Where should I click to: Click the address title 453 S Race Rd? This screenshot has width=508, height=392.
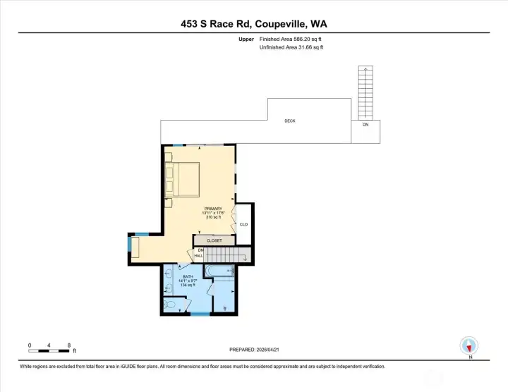coord(253,23)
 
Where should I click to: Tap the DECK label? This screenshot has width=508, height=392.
coord(289,121)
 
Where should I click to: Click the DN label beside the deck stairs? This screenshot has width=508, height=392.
coord(365,125)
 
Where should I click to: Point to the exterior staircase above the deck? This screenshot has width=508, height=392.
coord(365,93)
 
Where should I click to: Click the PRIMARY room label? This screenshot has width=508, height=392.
coord(213,209)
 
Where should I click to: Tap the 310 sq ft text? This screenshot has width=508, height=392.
coord(213,218)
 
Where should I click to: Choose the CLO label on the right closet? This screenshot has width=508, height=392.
coord(243,225)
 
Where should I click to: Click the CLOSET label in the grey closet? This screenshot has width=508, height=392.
coord(214,240)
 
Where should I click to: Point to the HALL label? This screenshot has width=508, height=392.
coord(199,255)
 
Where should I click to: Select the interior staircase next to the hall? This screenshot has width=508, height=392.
coord(227,255)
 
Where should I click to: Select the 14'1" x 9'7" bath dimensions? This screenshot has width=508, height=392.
coord(188,280)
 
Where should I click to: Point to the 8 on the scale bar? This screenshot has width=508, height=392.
coord(69,345)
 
